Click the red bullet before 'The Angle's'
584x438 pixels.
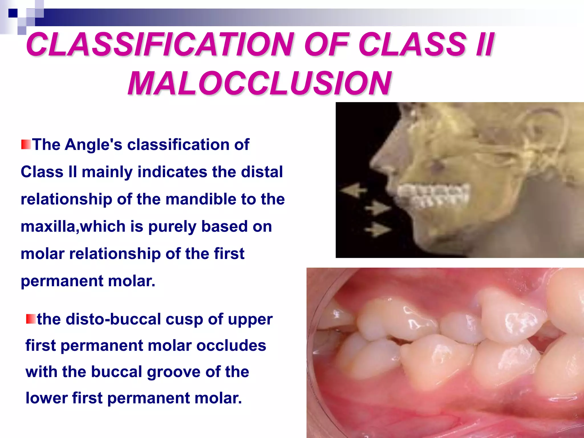point(26,144)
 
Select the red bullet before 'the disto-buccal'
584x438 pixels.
point(31,319)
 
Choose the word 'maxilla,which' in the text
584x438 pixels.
point(73,226)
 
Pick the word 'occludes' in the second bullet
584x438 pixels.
point(231,345)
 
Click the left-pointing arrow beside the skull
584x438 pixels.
point(354,190)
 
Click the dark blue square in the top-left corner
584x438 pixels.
point(13,13)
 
